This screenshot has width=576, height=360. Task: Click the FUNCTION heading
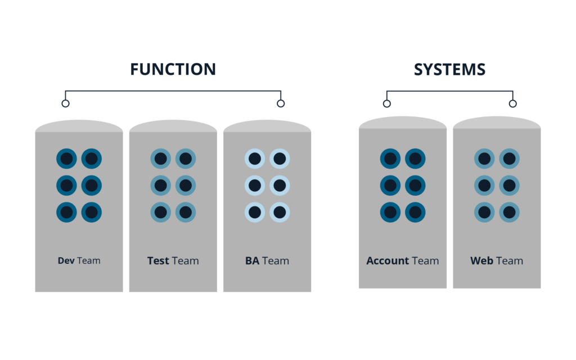(x=173, y=69)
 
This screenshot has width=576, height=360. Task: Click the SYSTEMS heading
(x=449, y=69)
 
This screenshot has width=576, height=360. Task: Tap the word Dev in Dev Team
(x=66, y=261)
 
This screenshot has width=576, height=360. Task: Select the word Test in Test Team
(x=158, y=261)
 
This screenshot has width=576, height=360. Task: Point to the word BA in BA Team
(x=252, y=261)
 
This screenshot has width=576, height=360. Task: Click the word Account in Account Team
(x=388, y=261)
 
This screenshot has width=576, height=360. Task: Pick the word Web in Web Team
(x=481, y=261)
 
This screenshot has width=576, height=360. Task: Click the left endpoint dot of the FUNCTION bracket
(x=65, y=103)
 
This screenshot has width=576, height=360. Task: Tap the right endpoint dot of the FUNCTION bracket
(x=281, y=103)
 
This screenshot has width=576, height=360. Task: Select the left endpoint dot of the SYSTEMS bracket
(x=386, y=103)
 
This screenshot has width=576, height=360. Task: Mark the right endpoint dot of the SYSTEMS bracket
(x=512, y=103)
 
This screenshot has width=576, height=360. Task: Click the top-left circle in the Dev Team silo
(x=66, y=159)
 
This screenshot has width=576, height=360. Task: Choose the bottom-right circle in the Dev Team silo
(x=92, y=212)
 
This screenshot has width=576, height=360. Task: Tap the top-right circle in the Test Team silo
(x=186, y=159)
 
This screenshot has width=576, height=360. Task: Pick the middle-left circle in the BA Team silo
(x=254, y=185)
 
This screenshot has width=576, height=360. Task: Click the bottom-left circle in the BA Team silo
(x=254, y=212)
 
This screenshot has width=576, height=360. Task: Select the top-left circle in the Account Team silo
(x=390, y=159)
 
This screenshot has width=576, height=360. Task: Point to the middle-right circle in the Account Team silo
(x=415, y=185)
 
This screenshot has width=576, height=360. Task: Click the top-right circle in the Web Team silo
(x=509, y=159)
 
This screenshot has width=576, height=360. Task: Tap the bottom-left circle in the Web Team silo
(x=484, y=212)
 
